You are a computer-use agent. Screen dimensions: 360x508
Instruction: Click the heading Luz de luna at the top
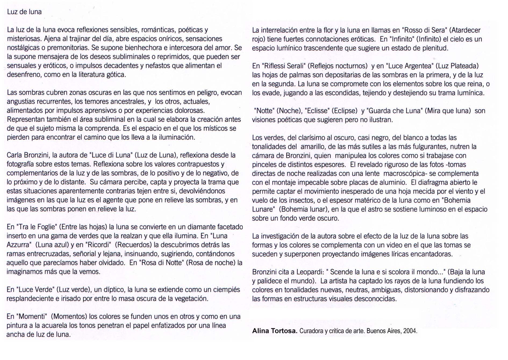pyautogui.click(x=24, y=12)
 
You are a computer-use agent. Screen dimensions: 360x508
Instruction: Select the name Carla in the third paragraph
pyautogui.click(x=15, y=155)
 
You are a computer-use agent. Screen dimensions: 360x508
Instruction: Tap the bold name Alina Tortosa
pyautogui.click(x=275, y=331)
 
